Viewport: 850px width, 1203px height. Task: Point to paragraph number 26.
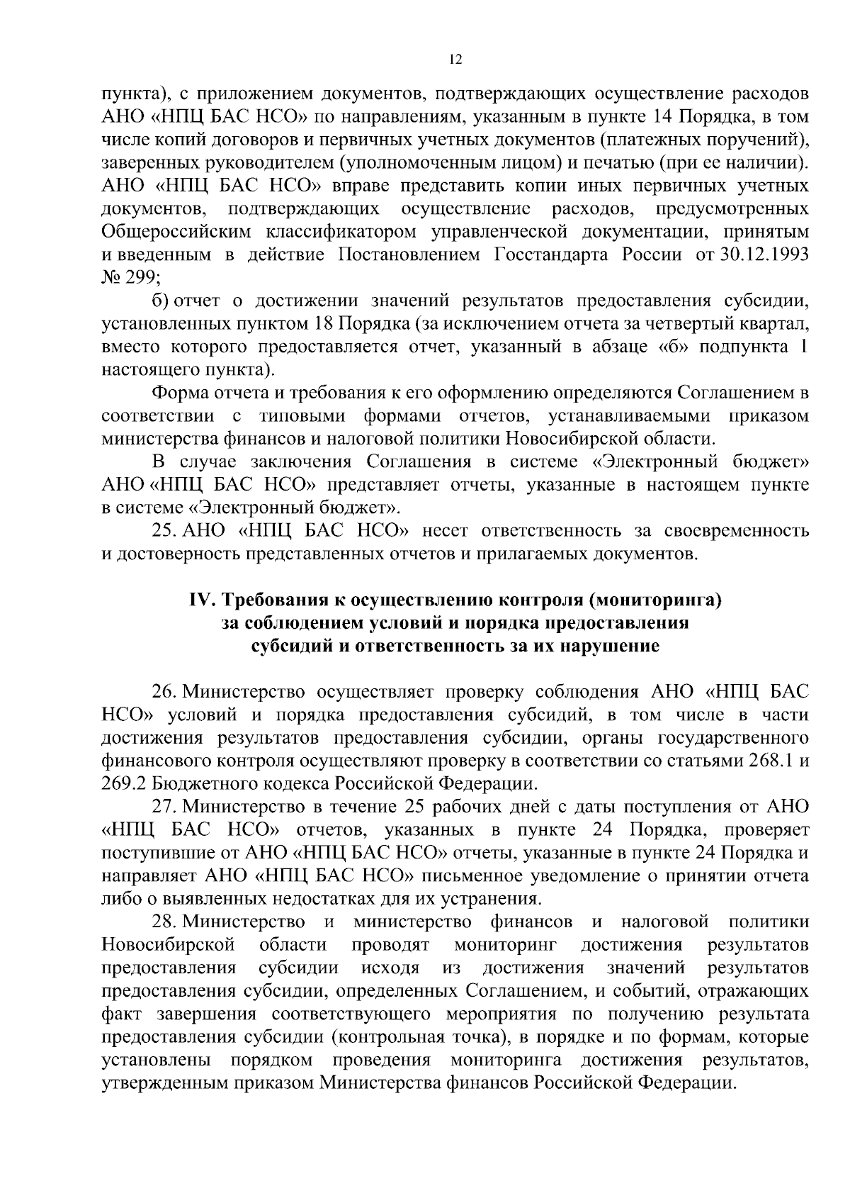pos(164,692)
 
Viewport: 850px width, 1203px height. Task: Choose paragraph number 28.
pos(164,922)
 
